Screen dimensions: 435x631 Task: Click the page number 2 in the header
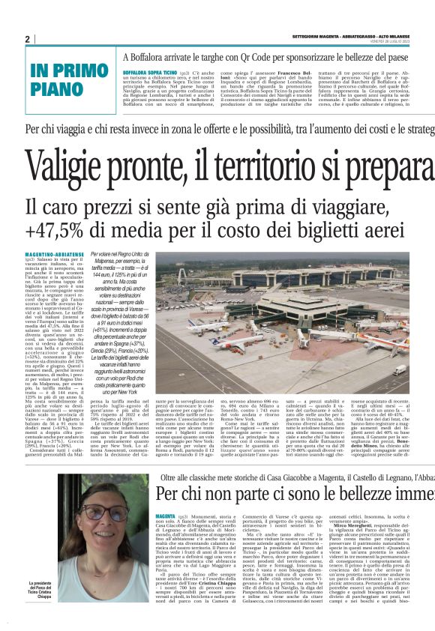pyautogui.click(x=27, y=39)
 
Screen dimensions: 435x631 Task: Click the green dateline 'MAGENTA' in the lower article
pyautogui.click(x=165, y=495)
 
